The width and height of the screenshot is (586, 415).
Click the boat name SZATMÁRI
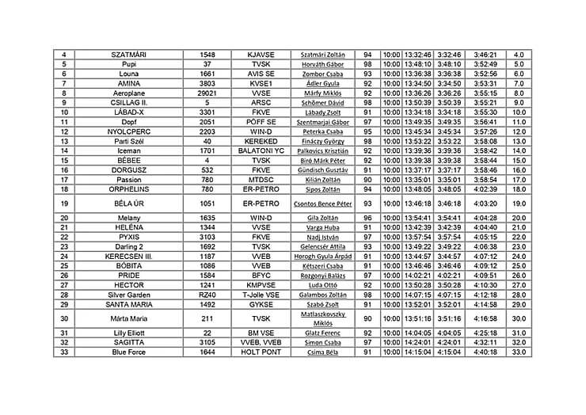128,55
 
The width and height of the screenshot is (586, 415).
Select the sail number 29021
207,93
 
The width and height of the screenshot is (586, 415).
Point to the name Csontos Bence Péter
323,204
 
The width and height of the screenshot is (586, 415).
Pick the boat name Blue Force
128,352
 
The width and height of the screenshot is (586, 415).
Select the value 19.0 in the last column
519,204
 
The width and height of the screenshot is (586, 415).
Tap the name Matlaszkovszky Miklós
323,319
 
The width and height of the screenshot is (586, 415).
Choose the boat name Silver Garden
128,295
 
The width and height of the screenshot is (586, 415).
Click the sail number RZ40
207,295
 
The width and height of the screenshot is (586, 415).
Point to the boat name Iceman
128,150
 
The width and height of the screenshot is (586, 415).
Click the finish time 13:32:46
417,55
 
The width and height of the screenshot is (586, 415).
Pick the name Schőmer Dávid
323,103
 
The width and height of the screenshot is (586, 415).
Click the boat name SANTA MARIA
128,304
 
